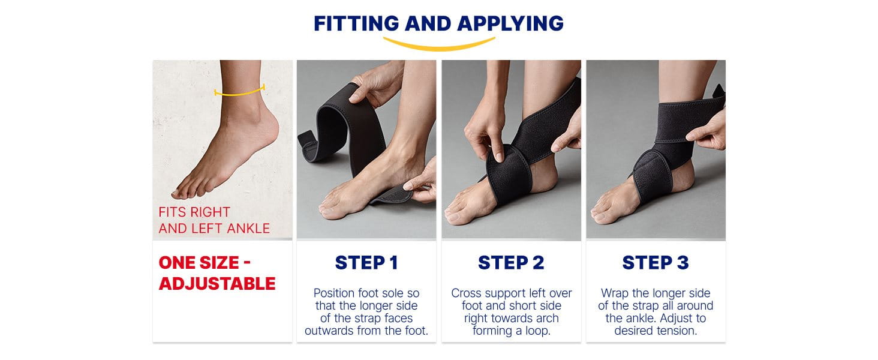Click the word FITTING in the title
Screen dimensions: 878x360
[x=356, y=23]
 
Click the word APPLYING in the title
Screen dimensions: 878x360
[x=510, y=23]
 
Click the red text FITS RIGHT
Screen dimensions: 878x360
[x=194, y=212]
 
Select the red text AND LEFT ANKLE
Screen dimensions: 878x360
[x=214, y=228]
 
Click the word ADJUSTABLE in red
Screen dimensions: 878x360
[x=217, y=284]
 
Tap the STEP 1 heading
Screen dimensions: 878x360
[x=366, y=262]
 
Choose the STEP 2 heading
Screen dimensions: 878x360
[x=511, y=262]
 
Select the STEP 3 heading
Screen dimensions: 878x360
[x=656, y=262]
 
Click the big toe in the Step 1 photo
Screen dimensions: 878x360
[x=329, y=211]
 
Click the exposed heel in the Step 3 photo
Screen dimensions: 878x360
[x=682, y=178]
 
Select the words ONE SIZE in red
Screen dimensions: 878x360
[x=199, y=262]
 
